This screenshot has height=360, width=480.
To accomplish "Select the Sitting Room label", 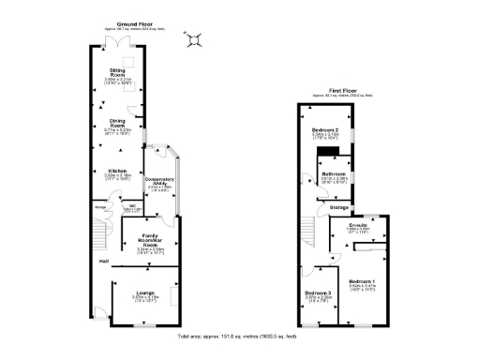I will click(x=118, y=72).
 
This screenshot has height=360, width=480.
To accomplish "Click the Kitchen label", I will click(x=117, y=171).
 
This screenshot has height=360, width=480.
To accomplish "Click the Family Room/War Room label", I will click(x=152, y=240).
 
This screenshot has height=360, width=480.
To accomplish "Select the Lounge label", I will click(x=143, y=292).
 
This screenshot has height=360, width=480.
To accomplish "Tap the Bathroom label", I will click(x=334, y=174).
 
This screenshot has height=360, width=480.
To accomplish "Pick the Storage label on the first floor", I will click(x=338, y=207).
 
